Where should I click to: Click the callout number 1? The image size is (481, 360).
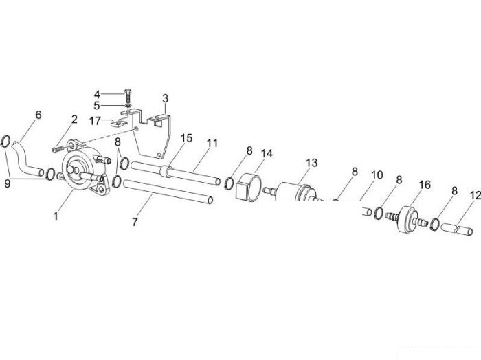[56, 216]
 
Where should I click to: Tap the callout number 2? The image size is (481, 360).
[74, 120]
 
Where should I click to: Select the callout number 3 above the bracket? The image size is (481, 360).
[166, 99]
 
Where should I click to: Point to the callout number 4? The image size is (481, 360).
[97, 94]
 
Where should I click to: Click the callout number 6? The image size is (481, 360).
[38, 115]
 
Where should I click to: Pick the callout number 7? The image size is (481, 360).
[135, 222]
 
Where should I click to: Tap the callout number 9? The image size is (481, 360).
[8, 183]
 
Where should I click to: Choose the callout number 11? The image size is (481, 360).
[212, 143]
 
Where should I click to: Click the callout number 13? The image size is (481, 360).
[312, 163]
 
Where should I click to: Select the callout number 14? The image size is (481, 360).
[267, 153]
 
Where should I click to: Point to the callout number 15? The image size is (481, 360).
[186, 138]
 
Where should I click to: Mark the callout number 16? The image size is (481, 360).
[425, 185]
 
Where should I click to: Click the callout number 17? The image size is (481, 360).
[95, 121]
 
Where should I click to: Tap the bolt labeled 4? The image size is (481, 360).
[128, 97]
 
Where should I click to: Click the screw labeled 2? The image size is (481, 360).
[59, 149]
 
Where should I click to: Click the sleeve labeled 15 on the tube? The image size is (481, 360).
[166, 171]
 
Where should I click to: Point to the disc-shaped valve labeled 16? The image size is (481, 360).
[407, 219]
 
